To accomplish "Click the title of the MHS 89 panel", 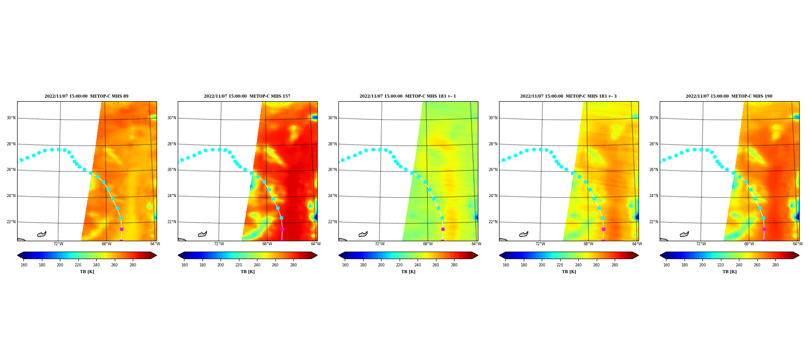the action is pyautogui.click(x=86, y=96).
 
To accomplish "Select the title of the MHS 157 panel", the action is pyautogui.click(x=247, y=96).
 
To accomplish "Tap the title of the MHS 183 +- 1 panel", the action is pyautogui.click(x=408, y=96).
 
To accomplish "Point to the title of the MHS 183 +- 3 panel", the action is pyautogui.click(x=568, y=96).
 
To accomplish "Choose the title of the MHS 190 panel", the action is pyautogui.click(x=729, y=96).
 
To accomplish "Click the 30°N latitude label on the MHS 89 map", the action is pyautogui.click(x=11, y=118).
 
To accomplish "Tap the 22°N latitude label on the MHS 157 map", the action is pyautogui.click(x=171, y=222).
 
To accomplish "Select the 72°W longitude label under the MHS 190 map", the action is pyautogui.click(x=701, y=244).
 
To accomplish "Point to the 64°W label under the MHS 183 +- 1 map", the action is pyautogui.click(x=476, y=244).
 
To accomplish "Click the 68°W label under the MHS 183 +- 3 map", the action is pyautogui.click(x=588, y=244).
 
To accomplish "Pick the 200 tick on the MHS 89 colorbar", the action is pyautogui.click(x=60, y=265).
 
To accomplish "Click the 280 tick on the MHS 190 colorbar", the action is pyautogui.click(x=775, y=265).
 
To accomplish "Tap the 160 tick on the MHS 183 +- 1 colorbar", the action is pyautogui.click(x=345, y=265).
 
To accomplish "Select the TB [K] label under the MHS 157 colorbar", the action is pyautogui.click(x=247, y=272).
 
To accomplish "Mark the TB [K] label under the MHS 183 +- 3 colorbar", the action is pyautogui.click(x=569, y=272).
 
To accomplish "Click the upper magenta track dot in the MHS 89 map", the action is pyautogui.click(x=121, y=229).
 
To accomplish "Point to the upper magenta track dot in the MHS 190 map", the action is pyautogui.click(x=764, y=229).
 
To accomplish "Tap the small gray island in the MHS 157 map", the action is pyautogui.click(x=202, y=234).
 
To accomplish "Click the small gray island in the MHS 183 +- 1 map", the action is pyautogui.click(x=363, y=234).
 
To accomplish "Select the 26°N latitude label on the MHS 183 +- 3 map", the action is pyautogui.click(x=493, y=170).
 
